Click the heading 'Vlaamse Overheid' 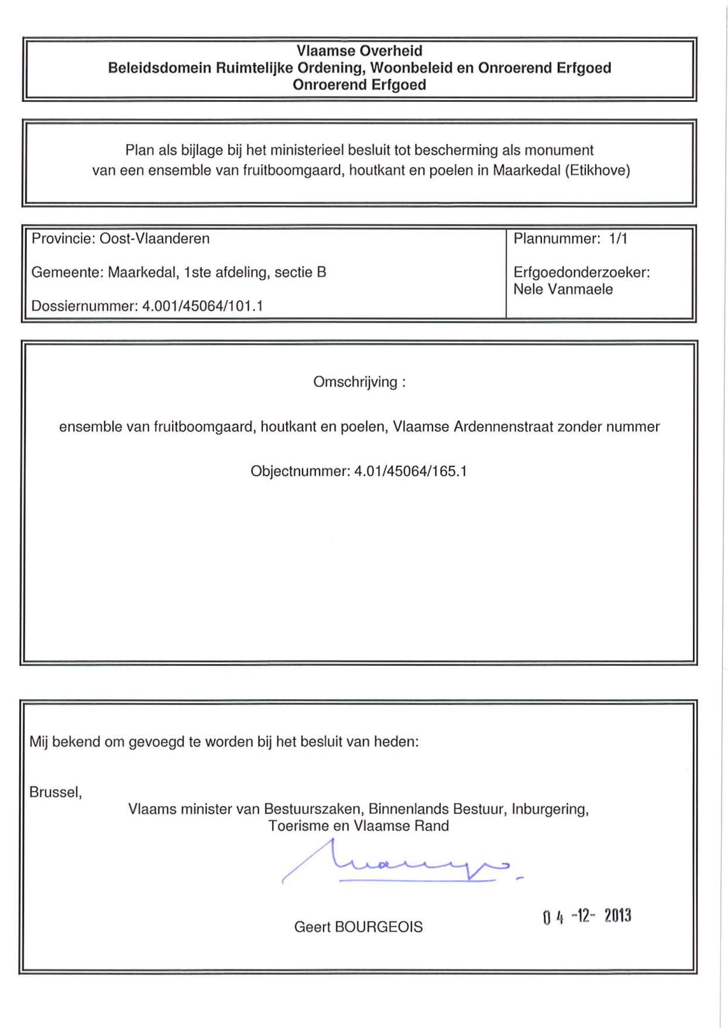[359, 51]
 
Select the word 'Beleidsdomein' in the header [159, 68]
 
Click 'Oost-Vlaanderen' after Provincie [154, 239]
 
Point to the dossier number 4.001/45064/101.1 [202, 306]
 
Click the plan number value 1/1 [618, 239]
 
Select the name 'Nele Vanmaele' [563, 289]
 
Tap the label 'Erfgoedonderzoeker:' [582, 273]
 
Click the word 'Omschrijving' [355, 382]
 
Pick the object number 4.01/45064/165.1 [410, 472]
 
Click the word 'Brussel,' [56, 792]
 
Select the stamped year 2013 [617, 916]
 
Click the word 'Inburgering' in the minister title [550, 809]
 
